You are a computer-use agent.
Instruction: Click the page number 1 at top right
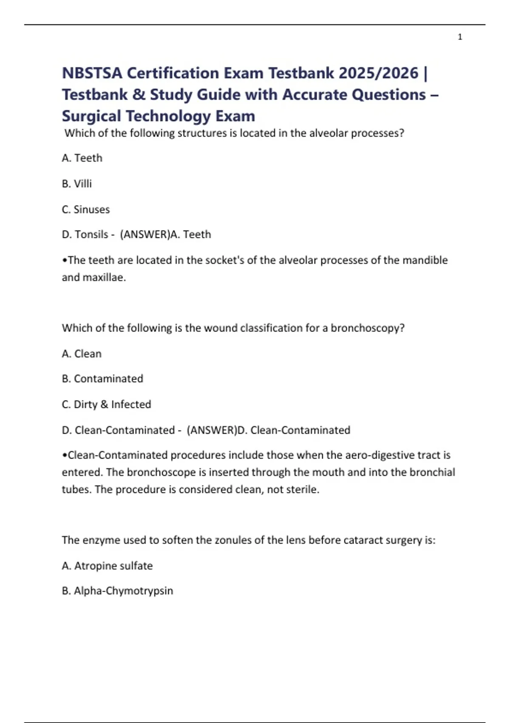460,37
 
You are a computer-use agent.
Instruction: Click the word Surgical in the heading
91,116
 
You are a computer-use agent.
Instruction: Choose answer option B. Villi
77,184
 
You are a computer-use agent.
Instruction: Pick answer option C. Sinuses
86,209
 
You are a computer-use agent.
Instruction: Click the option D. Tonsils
85,234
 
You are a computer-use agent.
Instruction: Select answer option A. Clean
82,353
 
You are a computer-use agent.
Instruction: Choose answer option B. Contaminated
102,379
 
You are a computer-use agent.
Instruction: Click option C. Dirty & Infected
106,404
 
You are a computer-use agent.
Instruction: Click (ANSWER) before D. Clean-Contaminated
211,430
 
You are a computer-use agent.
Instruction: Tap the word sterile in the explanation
302,490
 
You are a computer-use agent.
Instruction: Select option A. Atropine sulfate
107,566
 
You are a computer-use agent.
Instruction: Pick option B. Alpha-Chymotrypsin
117,591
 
